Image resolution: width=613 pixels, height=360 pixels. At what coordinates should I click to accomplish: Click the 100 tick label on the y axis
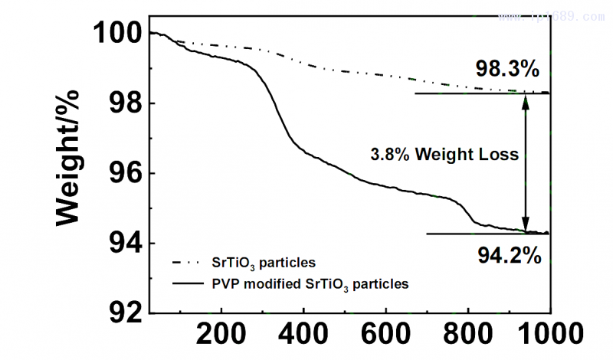[116, 34]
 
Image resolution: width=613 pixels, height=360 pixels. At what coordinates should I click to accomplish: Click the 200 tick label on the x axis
[221, 335]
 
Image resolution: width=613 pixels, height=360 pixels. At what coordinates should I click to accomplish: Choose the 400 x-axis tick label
[303, 335]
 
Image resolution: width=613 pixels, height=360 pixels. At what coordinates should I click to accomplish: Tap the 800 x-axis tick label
[469, 335]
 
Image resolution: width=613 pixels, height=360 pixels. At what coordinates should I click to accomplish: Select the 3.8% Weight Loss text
[444, 154]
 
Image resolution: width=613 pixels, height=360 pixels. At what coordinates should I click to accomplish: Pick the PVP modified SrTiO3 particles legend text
[310, 283]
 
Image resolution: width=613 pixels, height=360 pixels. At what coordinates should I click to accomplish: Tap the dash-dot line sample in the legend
[185, 263]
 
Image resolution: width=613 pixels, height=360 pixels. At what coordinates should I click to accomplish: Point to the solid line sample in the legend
[185, 283]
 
